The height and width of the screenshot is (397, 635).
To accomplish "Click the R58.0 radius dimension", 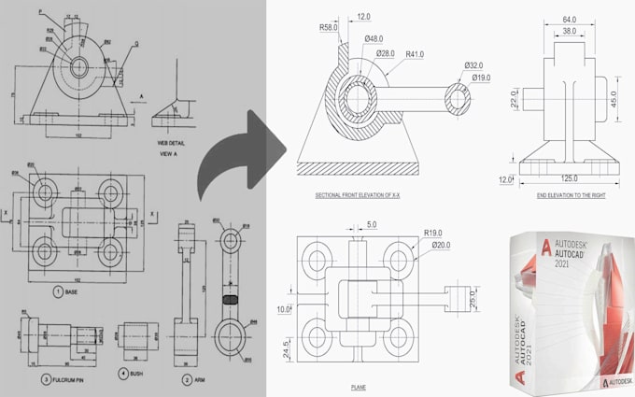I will [x=329, y=28].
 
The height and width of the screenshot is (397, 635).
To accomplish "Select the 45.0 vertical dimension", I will [x=614, y=97].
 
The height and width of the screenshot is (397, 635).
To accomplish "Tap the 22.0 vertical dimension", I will [x=515, y=100].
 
